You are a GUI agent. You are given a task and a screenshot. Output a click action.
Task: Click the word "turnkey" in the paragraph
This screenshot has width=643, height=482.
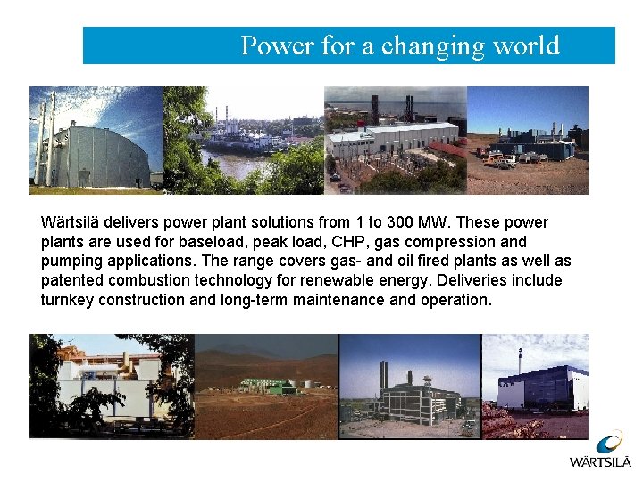click(67, 301)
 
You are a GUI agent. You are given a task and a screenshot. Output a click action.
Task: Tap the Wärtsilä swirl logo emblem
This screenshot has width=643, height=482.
click(610, 443)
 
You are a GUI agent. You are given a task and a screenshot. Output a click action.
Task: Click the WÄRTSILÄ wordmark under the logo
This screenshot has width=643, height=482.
click(600, 462)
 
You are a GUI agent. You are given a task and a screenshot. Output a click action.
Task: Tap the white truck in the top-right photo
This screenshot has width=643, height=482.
click(506, 163)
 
